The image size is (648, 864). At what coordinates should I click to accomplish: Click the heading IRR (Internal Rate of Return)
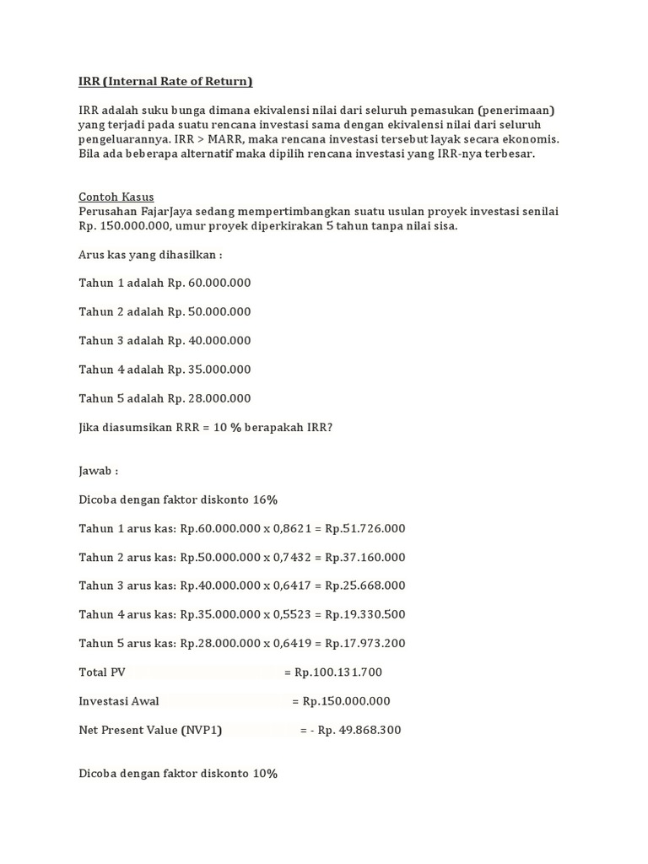pyautogui.click(x=165, y=82)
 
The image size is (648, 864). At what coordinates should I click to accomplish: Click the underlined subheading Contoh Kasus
pyautogui.click(x=116, y=197)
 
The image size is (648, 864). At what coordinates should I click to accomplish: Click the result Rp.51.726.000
pyautogui.click(x=364, y=528)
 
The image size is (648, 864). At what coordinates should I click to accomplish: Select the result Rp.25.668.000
pyautogui.click(x=364, y=586)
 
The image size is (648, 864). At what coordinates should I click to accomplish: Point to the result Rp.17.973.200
pyautogui.click(x=364, y=643)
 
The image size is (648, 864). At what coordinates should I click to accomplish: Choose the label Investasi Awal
pyautogui.click(x=119, y=701)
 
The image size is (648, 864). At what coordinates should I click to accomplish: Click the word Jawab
pyautogui.click(x=96, y=471)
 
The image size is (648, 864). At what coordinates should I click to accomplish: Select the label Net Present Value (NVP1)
pyautogui.click(x=150, y=730)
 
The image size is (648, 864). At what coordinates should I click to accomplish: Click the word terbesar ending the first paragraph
pyautogui.click(x=508, y=154)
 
